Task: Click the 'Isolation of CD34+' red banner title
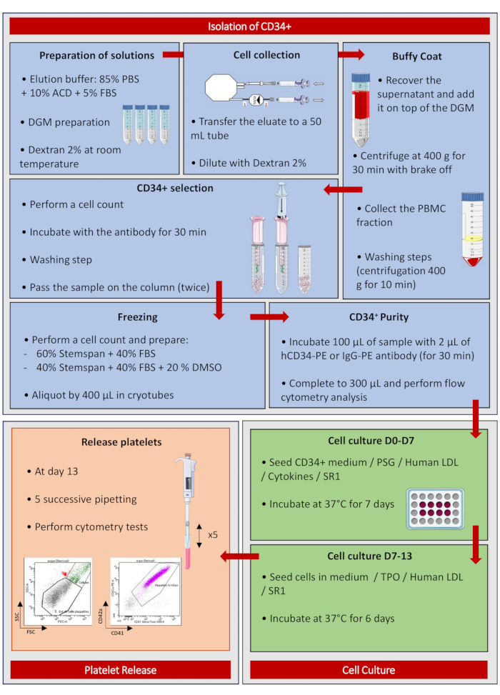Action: click(x=249, y=26)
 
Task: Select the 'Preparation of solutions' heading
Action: click(x=96, y=56)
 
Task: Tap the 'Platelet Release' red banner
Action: click(x=121, y=670)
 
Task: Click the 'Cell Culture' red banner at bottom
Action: click(x=370, y=670)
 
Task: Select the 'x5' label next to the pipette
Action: click(x=212, y=534)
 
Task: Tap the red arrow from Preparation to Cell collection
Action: click(x=174, y=55)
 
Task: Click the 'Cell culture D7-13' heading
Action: click(x=369, y=555)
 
